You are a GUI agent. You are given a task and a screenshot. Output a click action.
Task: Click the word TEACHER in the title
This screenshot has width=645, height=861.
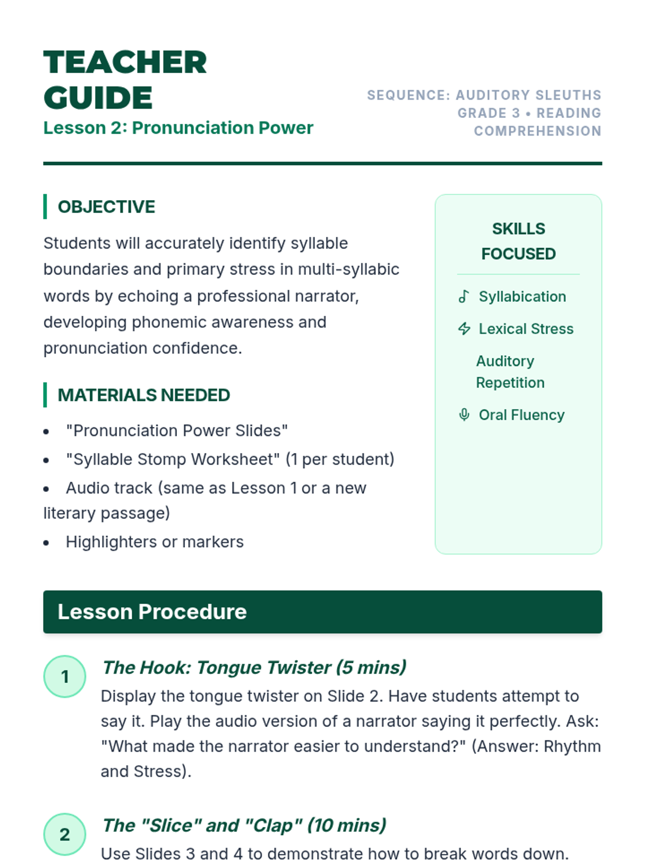tap(125, 62)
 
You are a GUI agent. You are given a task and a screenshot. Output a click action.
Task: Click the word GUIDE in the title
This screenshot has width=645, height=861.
tap(98, 98)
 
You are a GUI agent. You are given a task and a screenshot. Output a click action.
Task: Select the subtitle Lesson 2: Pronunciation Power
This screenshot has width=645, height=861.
tap(178, 128)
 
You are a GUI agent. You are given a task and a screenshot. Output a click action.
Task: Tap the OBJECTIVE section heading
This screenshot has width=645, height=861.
tap(106, 207)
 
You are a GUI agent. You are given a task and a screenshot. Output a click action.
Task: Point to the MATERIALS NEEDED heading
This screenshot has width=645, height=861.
tap(144, 395)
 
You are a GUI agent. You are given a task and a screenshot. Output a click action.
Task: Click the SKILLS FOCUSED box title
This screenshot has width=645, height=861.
tap(518, 241)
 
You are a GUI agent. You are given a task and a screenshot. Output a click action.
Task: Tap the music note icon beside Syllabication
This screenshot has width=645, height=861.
tap(464, 297)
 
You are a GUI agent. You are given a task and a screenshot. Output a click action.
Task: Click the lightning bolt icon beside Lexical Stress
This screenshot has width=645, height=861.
tap(464, 329)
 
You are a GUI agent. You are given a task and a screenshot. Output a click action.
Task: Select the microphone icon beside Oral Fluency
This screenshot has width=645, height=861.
tap(464, 415)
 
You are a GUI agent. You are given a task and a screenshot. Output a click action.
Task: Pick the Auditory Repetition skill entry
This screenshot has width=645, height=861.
tap(510, 372)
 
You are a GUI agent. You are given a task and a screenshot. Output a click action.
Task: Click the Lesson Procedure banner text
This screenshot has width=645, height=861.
tap(152, 612)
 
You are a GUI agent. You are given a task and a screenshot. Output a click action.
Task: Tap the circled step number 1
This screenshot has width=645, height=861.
tap(64, 676)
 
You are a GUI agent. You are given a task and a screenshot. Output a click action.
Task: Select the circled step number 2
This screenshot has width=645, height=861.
tap(64, 834)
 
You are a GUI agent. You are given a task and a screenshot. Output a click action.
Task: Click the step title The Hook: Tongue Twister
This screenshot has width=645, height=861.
tap(254, 667)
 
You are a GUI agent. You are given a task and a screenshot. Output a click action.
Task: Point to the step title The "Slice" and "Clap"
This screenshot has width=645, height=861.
tap(244, 825)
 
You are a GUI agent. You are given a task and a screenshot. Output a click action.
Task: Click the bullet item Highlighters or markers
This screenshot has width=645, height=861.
tap(154, 542)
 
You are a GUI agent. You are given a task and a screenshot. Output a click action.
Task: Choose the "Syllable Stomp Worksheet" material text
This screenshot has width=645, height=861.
tap(173, 459)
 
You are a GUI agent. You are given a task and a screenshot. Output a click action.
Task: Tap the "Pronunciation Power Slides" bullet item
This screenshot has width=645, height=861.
tap(177, 430)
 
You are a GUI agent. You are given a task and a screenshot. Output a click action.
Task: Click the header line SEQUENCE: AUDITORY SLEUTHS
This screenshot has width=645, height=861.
tap(484, 95)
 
